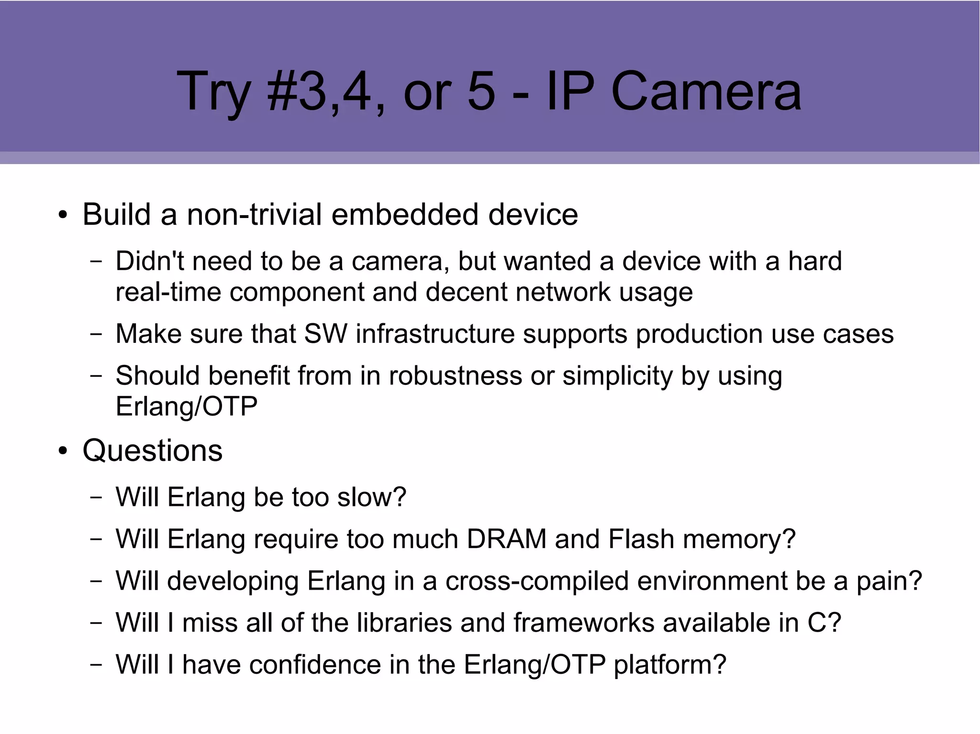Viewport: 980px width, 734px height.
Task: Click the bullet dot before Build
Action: (63, 216)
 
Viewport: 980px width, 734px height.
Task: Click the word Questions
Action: (152, 450)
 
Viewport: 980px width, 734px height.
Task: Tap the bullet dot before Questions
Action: (63, 451)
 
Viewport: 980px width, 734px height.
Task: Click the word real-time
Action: (168, 292)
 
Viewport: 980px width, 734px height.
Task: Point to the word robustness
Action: (455, 375)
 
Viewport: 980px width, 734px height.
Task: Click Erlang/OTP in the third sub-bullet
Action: (187, 406)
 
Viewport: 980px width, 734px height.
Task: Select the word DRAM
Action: (506, 539)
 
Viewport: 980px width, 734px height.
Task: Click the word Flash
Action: (641, 539)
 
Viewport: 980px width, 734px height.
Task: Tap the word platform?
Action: (670, 665)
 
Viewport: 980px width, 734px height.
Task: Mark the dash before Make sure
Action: (96, 335)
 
